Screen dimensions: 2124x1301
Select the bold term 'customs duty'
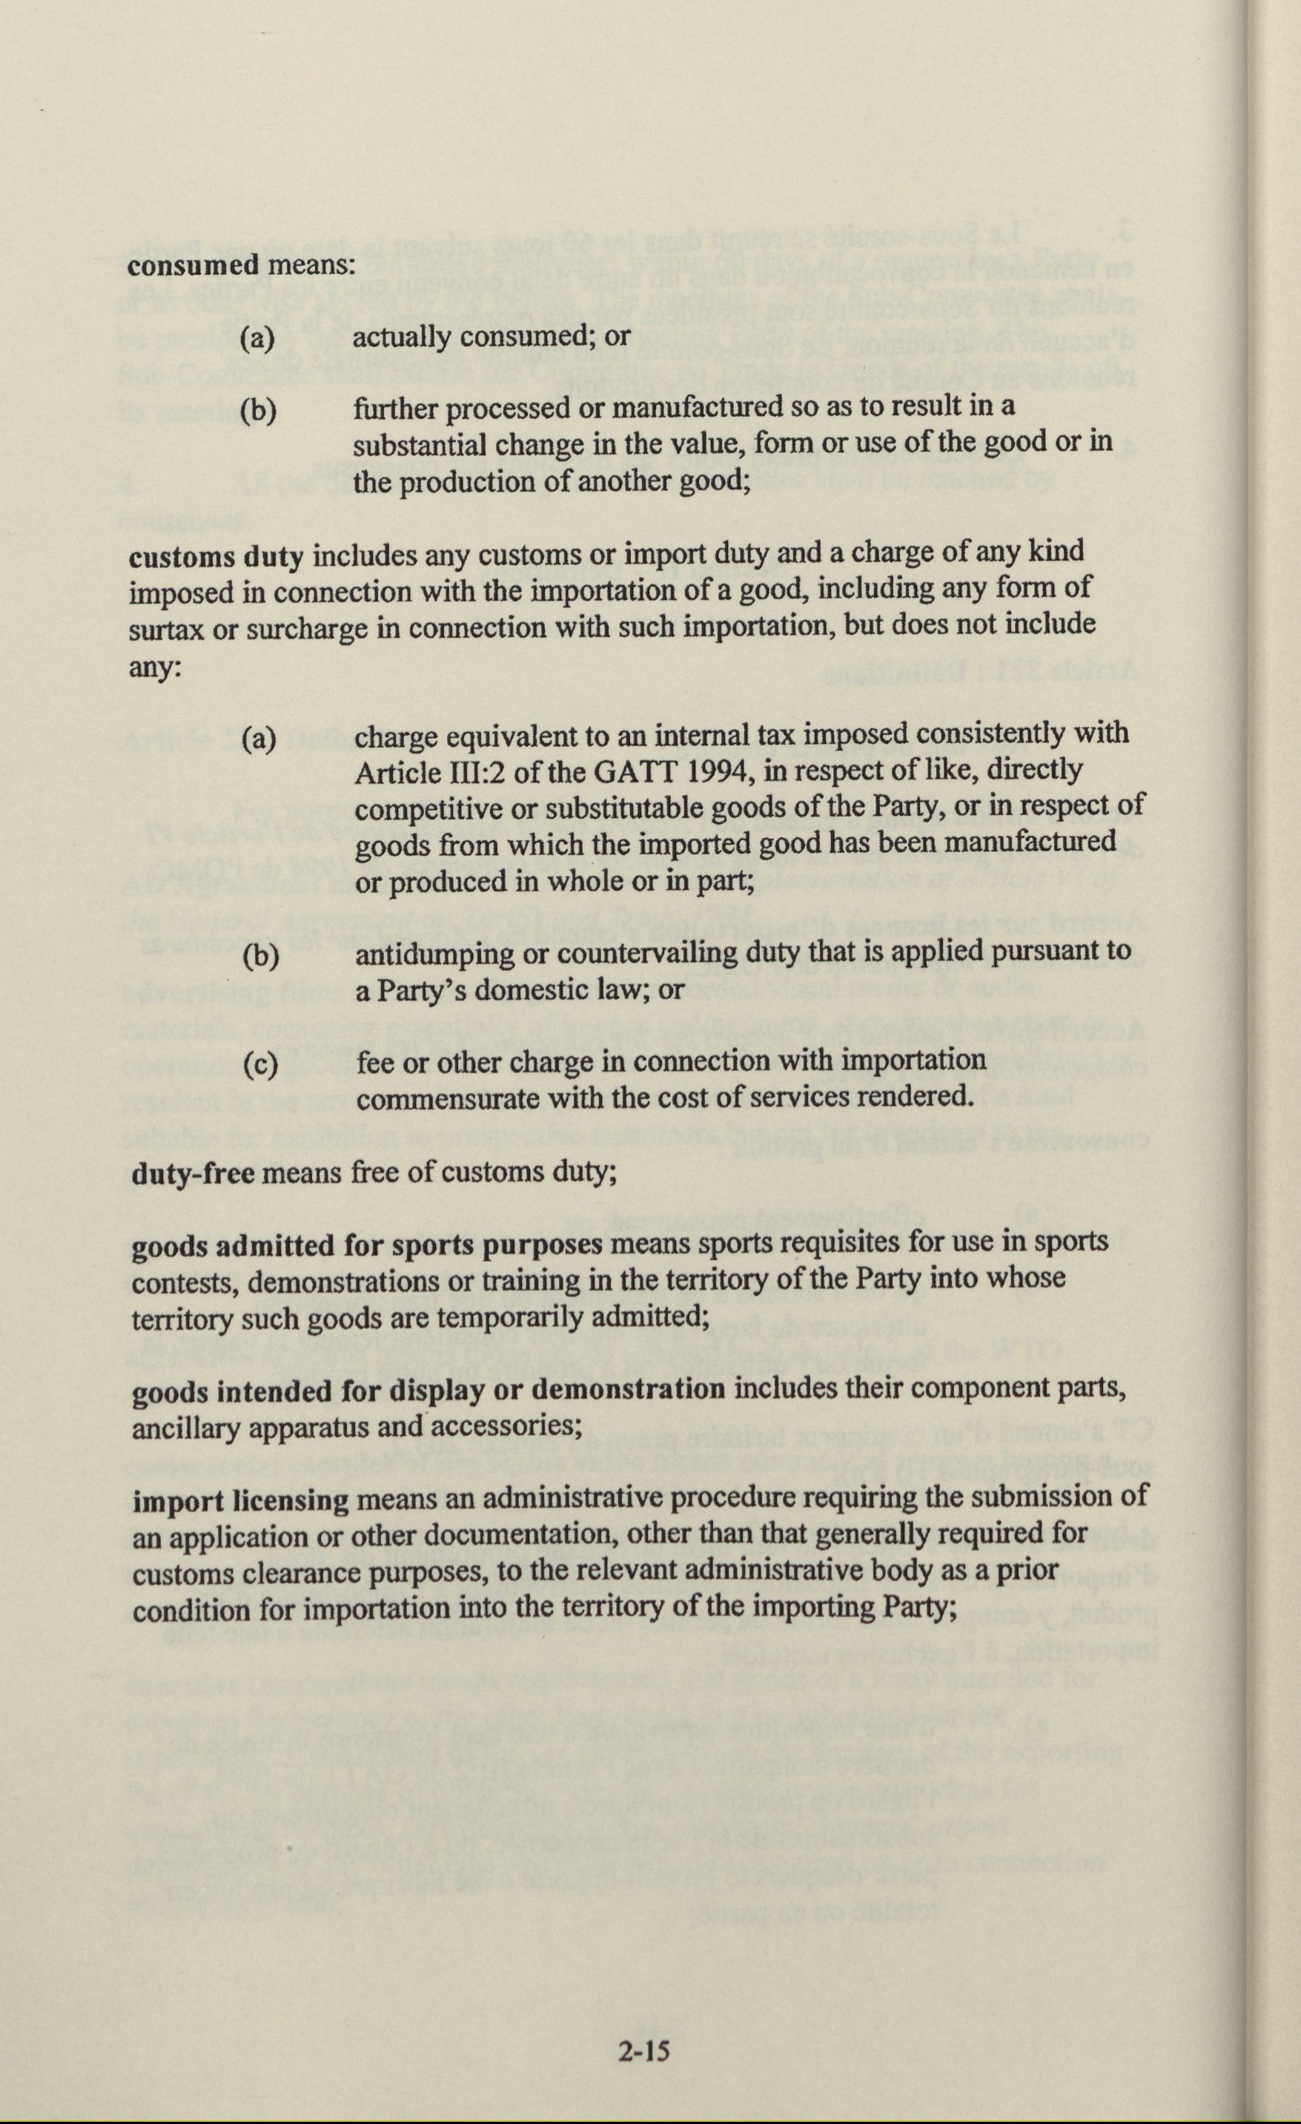[x=216, y=556]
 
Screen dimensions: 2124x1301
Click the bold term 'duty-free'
[x=192, y=1174]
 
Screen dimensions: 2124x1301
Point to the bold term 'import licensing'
[x=240, y=1501]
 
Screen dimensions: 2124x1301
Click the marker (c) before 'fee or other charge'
[x=260, y=1066]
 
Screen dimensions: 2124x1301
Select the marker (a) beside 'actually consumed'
[x=258, y=338]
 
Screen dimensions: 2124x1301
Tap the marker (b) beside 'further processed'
[x=259, y=411]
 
